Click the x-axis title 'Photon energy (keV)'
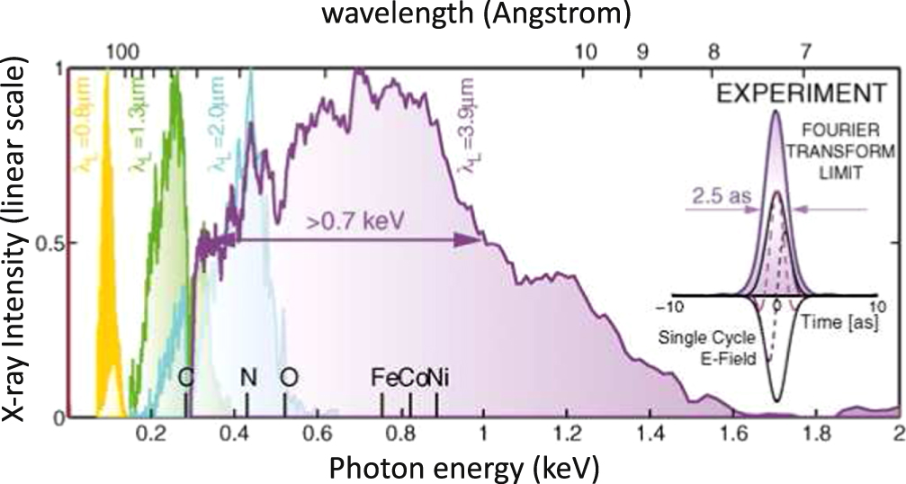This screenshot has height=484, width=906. [x=460, y=468]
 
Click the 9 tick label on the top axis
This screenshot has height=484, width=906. [x=641, y=52]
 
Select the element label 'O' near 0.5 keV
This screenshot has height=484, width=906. [x=288, y=378]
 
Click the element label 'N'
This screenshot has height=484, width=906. [x=248, y=378]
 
